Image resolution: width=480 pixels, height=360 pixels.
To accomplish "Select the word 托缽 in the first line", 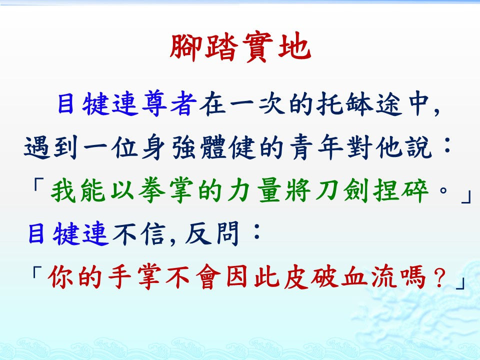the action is point(344,104).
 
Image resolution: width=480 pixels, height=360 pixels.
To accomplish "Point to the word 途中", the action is point(402,104).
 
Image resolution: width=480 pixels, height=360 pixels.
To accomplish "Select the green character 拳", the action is point(151,190).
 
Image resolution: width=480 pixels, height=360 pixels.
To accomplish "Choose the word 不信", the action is point(139,234).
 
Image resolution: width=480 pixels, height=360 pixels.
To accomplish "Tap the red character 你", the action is point(60,277).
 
